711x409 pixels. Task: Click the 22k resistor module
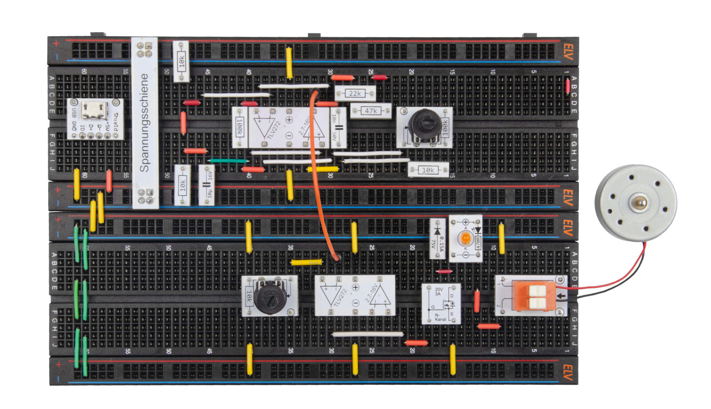(355, 93)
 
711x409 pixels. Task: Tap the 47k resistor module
(371, 111)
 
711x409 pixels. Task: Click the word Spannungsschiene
(144, 123)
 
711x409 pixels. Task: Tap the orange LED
(465, 239)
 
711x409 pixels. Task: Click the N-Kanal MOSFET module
(441, 304)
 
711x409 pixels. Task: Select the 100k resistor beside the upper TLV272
(240, 128)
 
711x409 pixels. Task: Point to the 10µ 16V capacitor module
(207, 184)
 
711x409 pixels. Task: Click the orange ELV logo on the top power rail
(568, 50)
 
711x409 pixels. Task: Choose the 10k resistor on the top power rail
(181, 61)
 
